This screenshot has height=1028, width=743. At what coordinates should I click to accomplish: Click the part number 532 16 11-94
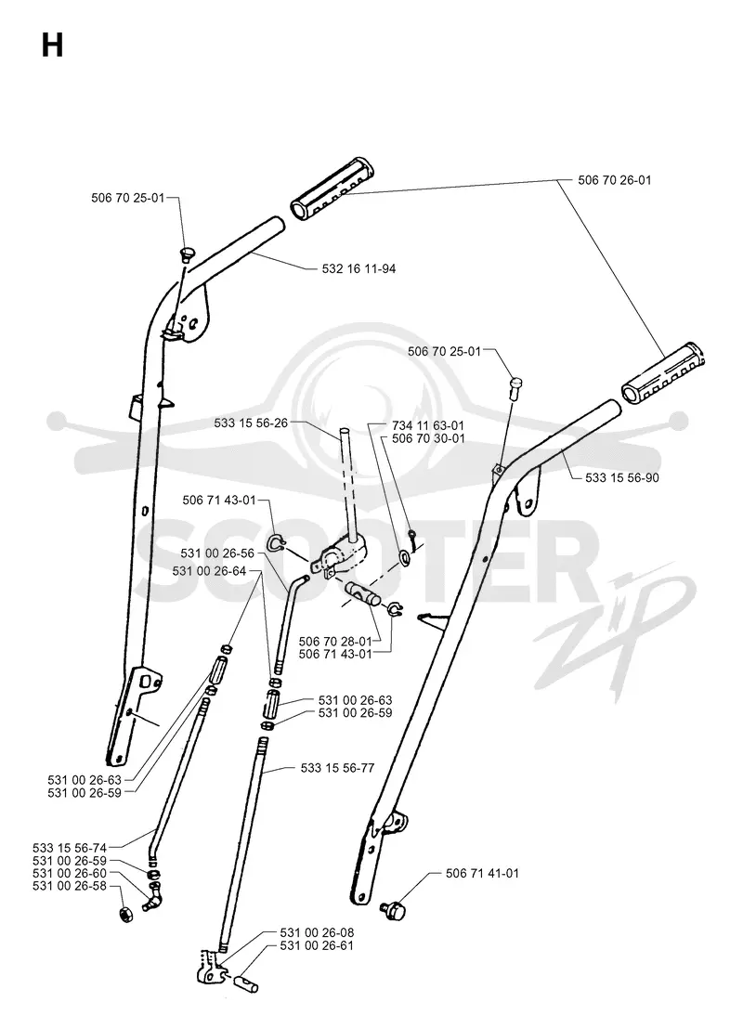[x=358, y=268]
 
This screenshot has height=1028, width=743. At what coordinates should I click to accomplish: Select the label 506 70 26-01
[x=615, y=179]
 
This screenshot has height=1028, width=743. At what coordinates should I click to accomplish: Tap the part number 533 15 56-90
[x=621, y=478]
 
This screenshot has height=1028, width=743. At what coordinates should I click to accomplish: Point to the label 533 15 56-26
[x=251, y=423]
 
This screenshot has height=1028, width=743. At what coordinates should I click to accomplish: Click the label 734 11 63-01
[x=427, y=426]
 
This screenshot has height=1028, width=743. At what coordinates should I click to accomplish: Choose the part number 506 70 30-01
[x=427, y=438]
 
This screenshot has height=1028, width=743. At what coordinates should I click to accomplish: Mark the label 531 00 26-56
[x=217, y=554]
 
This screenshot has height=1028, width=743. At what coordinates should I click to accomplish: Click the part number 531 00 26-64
[x=209, y=571]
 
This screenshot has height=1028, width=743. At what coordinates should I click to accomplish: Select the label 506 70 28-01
[x=335, y=641]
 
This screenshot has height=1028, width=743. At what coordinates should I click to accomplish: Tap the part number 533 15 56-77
[x=338, y=768]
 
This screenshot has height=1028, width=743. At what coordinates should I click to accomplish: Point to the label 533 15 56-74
[x=70, y=849]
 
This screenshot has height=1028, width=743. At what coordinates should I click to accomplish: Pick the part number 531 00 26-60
[x=70, y=873]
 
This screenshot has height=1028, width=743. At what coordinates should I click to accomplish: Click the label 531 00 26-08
[x=317, y=933]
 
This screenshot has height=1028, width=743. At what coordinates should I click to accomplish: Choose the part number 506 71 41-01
[x=482, y=873]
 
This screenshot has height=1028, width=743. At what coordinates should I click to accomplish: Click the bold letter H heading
[x=52, y=46]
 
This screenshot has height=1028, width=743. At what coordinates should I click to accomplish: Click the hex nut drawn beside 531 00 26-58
[x=125, y=914]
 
